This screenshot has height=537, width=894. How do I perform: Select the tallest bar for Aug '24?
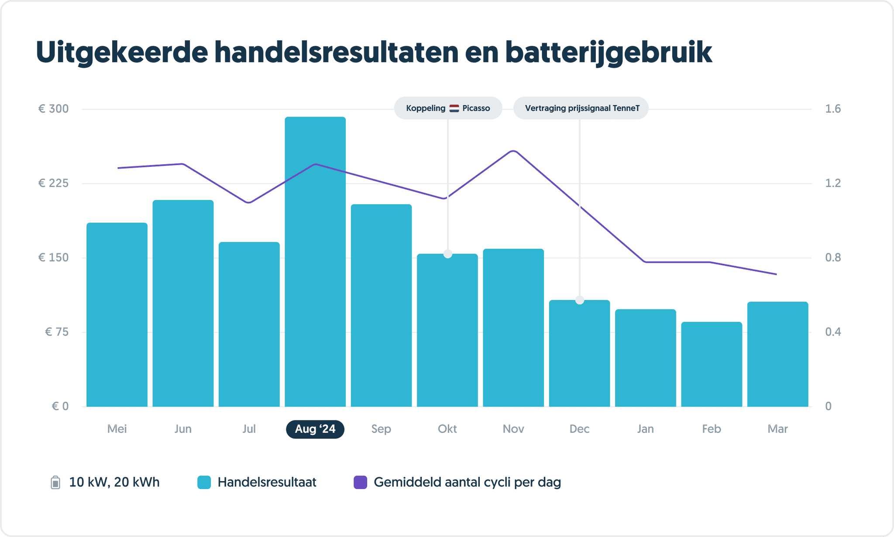[x=315, y=262]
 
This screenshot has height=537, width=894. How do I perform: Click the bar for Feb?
[x=712, y=365]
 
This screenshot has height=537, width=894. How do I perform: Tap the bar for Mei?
[x=117, y=314]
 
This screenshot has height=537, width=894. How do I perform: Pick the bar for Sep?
[x=381, y=306]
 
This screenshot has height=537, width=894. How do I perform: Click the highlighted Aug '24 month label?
[x=315, y=429]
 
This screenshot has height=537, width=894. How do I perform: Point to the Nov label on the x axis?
[x=513, y=429]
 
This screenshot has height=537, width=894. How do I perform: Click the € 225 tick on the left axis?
[x=53, y=183]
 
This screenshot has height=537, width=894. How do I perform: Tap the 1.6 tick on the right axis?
[x=832, y=109]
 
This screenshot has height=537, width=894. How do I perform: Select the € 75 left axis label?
[x=57, y=332]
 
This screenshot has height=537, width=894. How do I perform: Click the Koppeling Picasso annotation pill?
[x=448, y=108]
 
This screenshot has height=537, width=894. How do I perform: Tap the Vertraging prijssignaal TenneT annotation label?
[x=581, y=108]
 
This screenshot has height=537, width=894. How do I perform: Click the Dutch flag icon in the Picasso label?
[x=454, y=108]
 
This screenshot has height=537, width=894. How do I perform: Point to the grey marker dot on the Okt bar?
[x=448, y=254]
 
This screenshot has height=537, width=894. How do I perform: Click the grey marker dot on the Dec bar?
[x=580, y=300]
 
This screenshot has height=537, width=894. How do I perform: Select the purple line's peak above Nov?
[x=514, y=151]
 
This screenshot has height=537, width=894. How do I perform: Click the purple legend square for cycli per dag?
[x=360, y=482]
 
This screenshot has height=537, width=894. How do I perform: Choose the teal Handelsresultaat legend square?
[x=204, y=482]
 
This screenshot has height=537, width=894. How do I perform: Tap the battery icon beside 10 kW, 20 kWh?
[x=55, y=482]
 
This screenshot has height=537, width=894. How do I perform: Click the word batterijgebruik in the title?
[x=609, y=52]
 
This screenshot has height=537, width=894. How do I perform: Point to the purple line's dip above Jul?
[x=248, y=202]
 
